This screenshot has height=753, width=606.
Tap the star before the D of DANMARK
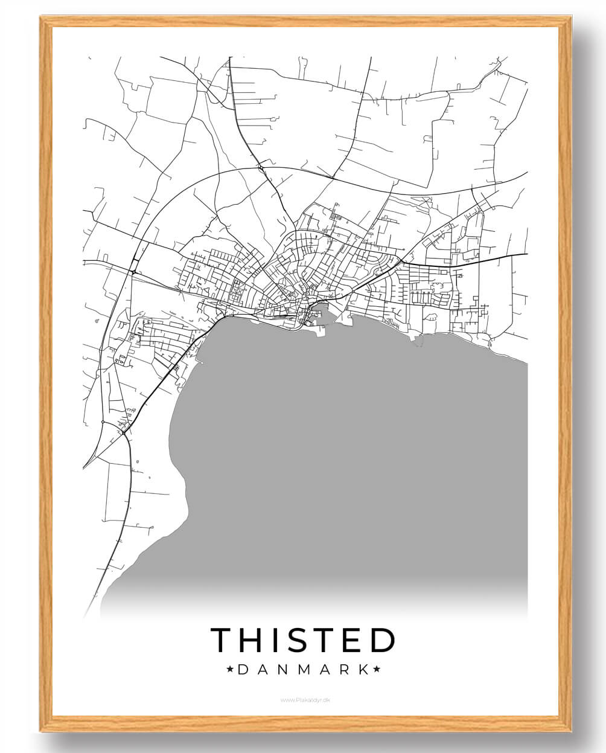tap(229, 669)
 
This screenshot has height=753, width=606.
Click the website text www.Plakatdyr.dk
tap(305, 700)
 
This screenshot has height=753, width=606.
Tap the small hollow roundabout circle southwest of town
tap(103, 421)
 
